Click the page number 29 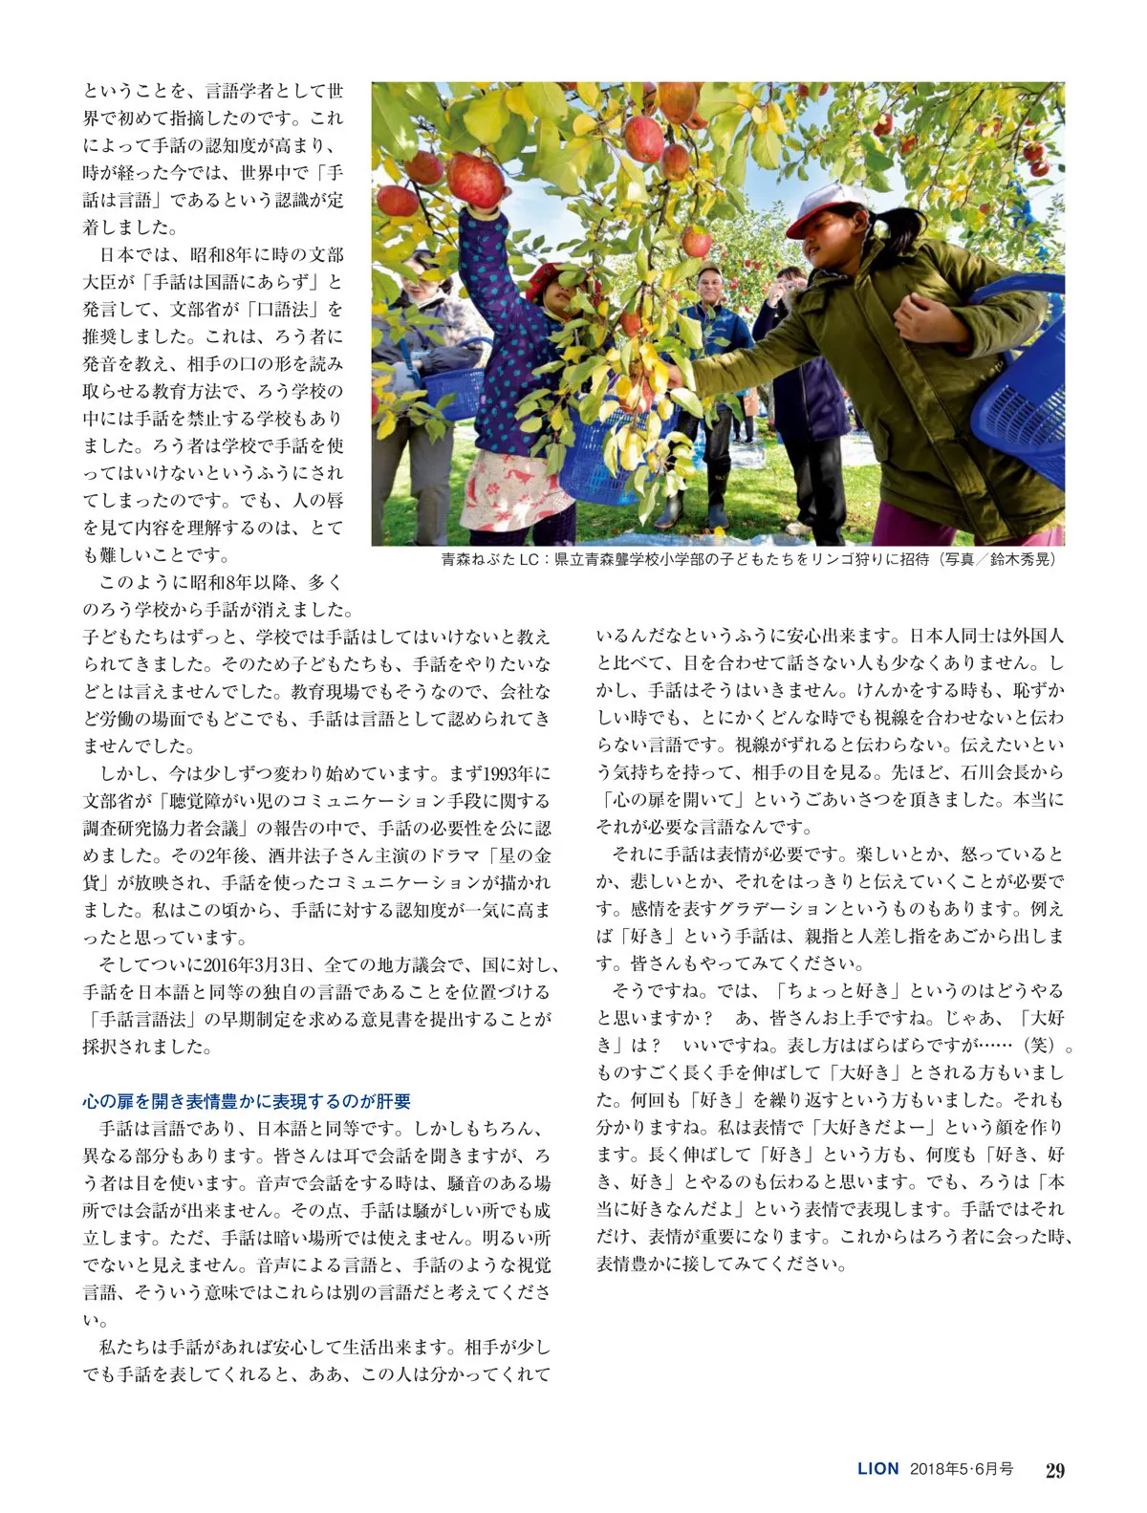click(1054, 1469)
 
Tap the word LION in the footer click(877, 1469)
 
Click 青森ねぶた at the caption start click(478, 560)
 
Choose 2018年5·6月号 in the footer click(963, 1469)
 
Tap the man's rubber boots click(715, 502)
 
